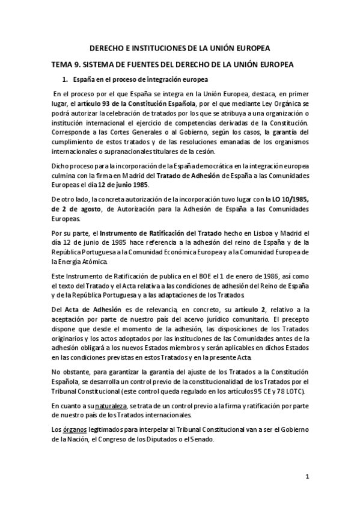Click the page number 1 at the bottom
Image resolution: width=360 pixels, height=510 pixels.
[x=307, y=477]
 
